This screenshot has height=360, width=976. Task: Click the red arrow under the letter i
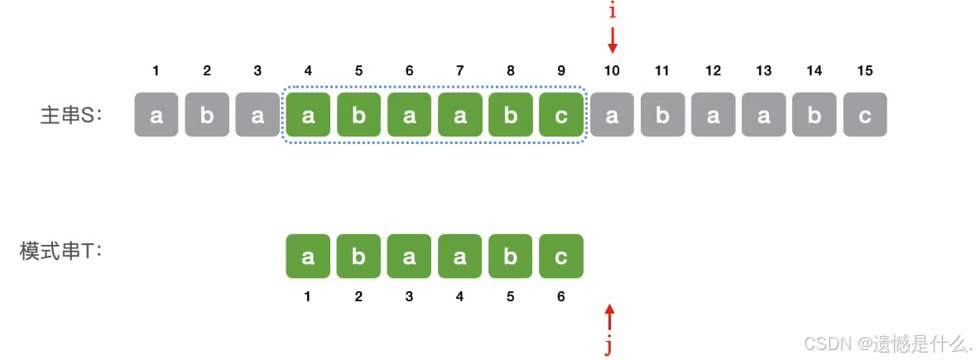(612, 41)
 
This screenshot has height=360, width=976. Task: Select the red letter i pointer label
(612, 12)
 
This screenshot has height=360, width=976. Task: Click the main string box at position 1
(156, 115)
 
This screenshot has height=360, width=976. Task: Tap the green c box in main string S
(561, 115)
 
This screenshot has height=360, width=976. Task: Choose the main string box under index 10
(612, 115)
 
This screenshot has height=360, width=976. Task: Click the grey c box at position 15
(865, 115)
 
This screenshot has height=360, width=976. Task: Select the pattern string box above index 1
(308, 257)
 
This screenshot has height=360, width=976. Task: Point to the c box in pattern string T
(561, 257)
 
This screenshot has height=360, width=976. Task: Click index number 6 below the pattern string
(561, 296)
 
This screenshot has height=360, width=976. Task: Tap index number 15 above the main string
(865, 71)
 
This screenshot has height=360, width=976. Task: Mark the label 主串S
(70, 115)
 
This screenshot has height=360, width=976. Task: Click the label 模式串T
(60, 251)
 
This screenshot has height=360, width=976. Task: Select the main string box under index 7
(460, 115)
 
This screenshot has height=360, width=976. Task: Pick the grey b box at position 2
(207, 115)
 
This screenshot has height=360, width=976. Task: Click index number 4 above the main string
(308, 71)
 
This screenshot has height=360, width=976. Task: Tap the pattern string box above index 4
(460, 257)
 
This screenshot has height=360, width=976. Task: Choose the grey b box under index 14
(815, 115)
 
